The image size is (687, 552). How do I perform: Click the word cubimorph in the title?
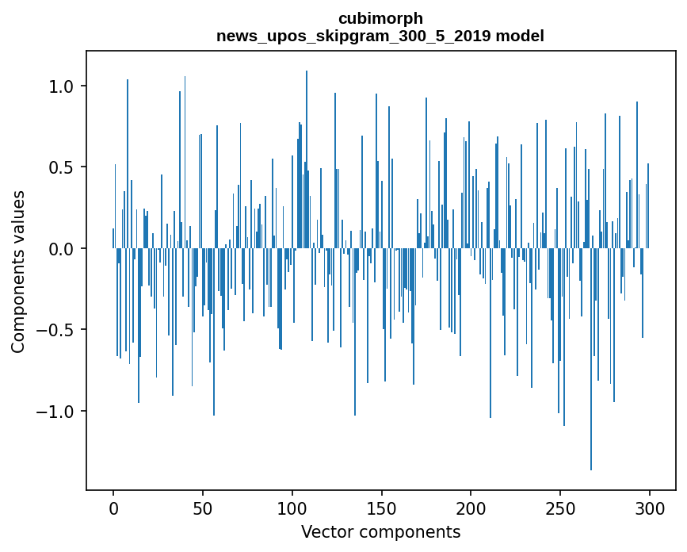380,18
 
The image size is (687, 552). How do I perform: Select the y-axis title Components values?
18,271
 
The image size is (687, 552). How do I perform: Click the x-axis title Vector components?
380,531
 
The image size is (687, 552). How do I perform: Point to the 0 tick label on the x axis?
113,508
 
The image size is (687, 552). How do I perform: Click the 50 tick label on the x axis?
203,508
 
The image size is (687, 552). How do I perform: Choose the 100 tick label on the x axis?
292,508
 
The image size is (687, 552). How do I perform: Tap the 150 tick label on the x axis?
381,508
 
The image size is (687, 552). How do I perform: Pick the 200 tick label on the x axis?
471,508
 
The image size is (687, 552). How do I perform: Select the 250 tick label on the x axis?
560,508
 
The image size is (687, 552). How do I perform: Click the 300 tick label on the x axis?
650,508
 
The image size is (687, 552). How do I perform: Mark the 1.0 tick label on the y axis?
63,86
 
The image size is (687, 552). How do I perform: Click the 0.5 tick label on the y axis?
63,167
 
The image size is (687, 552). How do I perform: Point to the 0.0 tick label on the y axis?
63,249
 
